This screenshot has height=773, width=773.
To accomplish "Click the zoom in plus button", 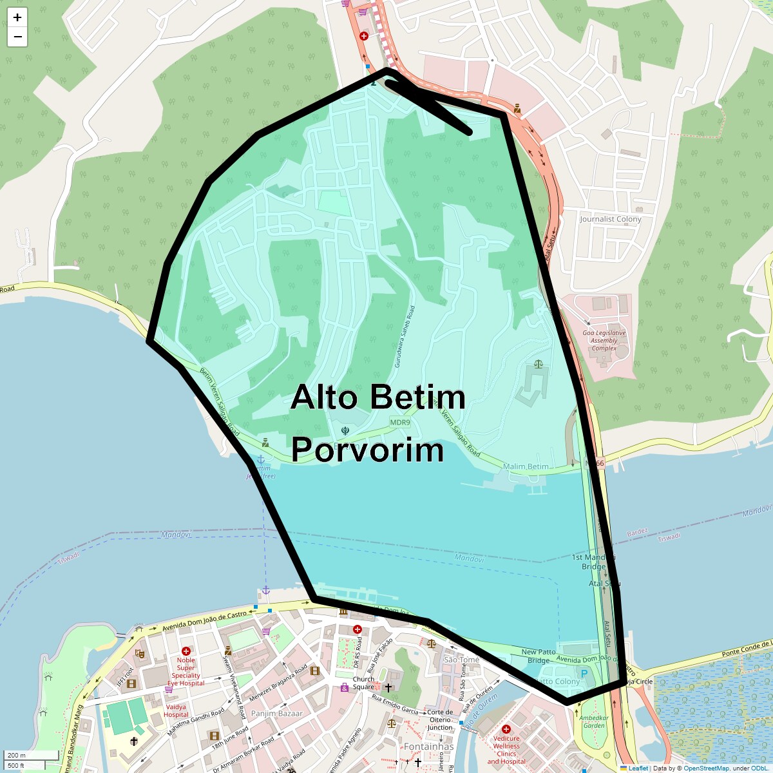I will point(17,17).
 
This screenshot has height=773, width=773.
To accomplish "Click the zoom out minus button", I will point(17,37).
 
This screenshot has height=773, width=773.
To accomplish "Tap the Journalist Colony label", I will point(610,219).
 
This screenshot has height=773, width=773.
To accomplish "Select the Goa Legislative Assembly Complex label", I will point(604,341).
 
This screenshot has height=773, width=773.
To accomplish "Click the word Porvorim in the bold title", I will point(367,450).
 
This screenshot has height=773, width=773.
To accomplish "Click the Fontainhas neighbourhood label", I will point(428,747).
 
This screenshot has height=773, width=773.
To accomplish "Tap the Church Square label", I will point(363,683).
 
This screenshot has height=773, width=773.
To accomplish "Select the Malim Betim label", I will point(526,466).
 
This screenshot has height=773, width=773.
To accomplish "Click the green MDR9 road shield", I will point(399,423).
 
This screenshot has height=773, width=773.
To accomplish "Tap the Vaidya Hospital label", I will point(176,711).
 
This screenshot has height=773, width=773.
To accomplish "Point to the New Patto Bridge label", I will point(539,656).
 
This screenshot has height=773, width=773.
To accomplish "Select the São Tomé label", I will point(461,660).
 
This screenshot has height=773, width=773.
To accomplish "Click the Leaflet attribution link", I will point(638,768).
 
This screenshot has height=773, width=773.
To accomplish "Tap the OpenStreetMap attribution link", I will point(706,768).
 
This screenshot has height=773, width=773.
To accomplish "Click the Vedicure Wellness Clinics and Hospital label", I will point(506,750).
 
